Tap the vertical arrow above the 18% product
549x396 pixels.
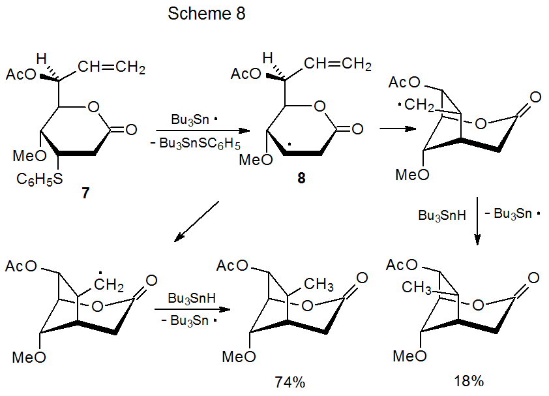coord(478,222)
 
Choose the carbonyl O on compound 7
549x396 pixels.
coord(130,129)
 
